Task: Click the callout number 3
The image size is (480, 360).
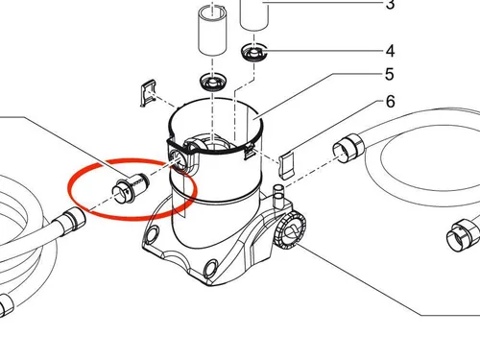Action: [x=390, y=5]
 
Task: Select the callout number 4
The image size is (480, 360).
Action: [x=390, y=51]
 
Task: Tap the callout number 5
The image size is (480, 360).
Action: [x=390, y=74]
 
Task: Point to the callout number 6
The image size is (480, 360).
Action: [x=390, y=102]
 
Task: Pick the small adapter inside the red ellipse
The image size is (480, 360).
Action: [x=131, y=189]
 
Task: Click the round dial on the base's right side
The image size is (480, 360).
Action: [x=290, y=229]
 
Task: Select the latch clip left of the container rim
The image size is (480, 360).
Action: [x=149, y=92]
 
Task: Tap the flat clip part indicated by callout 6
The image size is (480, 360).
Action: [x=286, y=165]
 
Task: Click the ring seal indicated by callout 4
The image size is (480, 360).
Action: [x=253, y=53]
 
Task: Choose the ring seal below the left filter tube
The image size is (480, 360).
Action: [x=213, y=82]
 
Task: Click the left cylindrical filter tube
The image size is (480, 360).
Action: [x=213, y=31]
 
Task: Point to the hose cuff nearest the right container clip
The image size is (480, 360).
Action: [x=348, y=148]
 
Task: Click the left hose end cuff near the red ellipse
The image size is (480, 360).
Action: [x=70, y=220]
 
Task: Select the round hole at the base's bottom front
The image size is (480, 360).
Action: [x=210, y=268]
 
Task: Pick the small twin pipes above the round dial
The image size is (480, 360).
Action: [x=277, y=196]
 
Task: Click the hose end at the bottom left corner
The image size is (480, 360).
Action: [x=7, y=305]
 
